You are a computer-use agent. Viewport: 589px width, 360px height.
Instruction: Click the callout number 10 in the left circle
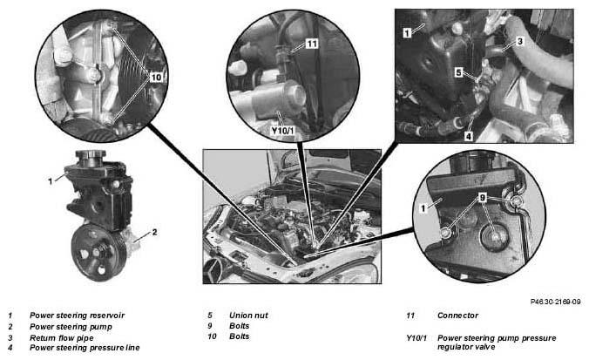click(x=156, y=78)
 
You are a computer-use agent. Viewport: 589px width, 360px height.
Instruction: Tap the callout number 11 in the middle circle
click(x=312, y=44)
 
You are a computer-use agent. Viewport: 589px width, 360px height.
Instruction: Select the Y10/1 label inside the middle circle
click(x=283, y=131)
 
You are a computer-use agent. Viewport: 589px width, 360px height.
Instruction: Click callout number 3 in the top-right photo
click(x=520, y=41)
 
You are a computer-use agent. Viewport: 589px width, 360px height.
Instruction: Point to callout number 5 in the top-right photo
click(x=458, y=72)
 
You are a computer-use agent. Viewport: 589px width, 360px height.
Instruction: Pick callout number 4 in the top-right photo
click(x=469, y=136)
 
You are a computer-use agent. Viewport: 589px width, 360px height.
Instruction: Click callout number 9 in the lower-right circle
click(x=483, y=197)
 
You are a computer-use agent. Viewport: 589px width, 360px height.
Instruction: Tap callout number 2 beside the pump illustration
click(x=154, y=232)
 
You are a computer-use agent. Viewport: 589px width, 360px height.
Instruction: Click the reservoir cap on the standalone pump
click(x=91, y=156)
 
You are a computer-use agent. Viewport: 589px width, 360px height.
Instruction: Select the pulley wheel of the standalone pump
click(x=99, y=253)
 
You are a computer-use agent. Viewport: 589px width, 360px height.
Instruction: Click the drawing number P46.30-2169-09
click(x=556, y=302)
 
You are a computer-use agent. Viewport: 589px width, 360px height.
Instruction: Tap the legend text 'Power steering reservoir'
click(x=77, y=316)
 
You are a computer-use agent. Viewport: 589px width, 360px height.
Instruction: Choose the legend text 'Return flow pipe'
click(x=62, y=338)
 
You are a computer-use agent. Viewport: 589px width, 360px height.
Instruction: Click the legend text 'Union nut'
click(x=248, y=316)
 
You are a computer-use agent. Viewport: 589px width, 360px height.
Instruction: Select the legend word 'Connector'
click(x=458, y=316)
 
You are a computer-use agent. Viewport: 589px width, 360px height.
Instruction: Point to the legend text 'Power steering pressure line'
click(x=85, y=348)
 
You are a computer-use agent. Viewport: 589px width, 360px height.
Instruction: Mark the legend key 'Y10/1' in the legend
click(x=416, y=338)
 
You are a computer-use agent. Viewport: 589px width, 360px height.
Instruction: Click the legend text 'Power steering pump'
click(x=71, y=327)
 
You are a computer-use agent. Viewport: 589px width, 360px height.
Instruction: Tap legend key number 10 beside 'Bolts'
click(x=213, y=336)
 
